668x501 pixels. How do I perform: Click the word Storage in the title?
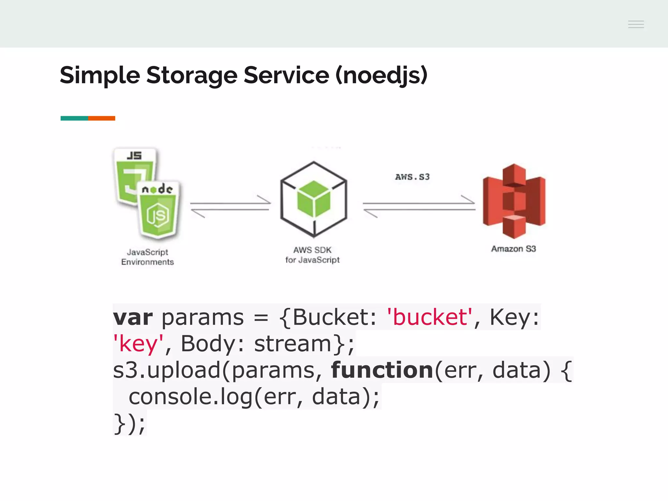click(x=192, y=75)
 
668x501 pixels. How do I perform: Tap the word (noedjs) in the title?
click(x=381, y=75)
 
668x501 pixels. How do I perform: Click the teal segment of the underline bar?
click(x=74, y=118)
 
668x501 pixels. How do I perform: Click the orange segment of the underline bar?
click(x=101, y=118)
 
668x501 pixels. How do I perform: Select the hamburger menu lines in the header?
click(x=636, y=24)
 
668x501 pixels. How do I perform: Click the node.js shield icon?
click(x=158, y=210)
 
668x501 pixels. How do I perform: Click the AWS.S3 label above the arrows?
click(x=412, y=177)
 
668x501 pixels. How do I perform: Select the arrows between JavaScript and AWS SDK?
click(x=230, y=206)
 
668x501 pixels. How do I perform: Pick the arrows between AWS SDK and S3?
click(x=419, y=206)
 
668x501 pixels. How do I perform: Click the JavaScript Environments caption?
click(x=147, y=257)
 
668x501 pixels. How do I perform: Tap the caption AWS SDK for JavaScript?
click(x=312, y=255)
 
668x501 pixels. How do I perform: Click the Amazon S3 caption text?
click(x=513, y=249)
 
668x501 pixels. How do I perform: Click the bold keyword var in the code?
click(x=132, y=317)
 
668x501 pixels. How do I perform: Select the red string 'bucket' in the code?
click(x=429, y=317)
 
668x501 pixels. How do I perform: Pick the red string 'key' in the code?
click(x=138, y=344)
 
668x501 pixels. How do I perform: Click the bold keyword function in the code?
click(x=382, y=370)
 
